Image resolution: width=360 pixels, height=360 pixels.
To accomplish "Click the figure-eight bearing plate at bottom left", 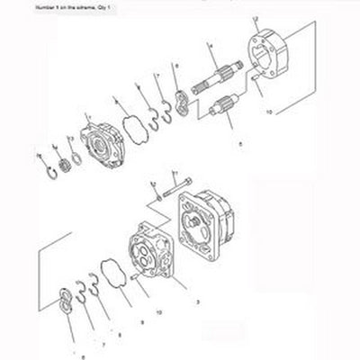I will [x=65, y=301].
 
